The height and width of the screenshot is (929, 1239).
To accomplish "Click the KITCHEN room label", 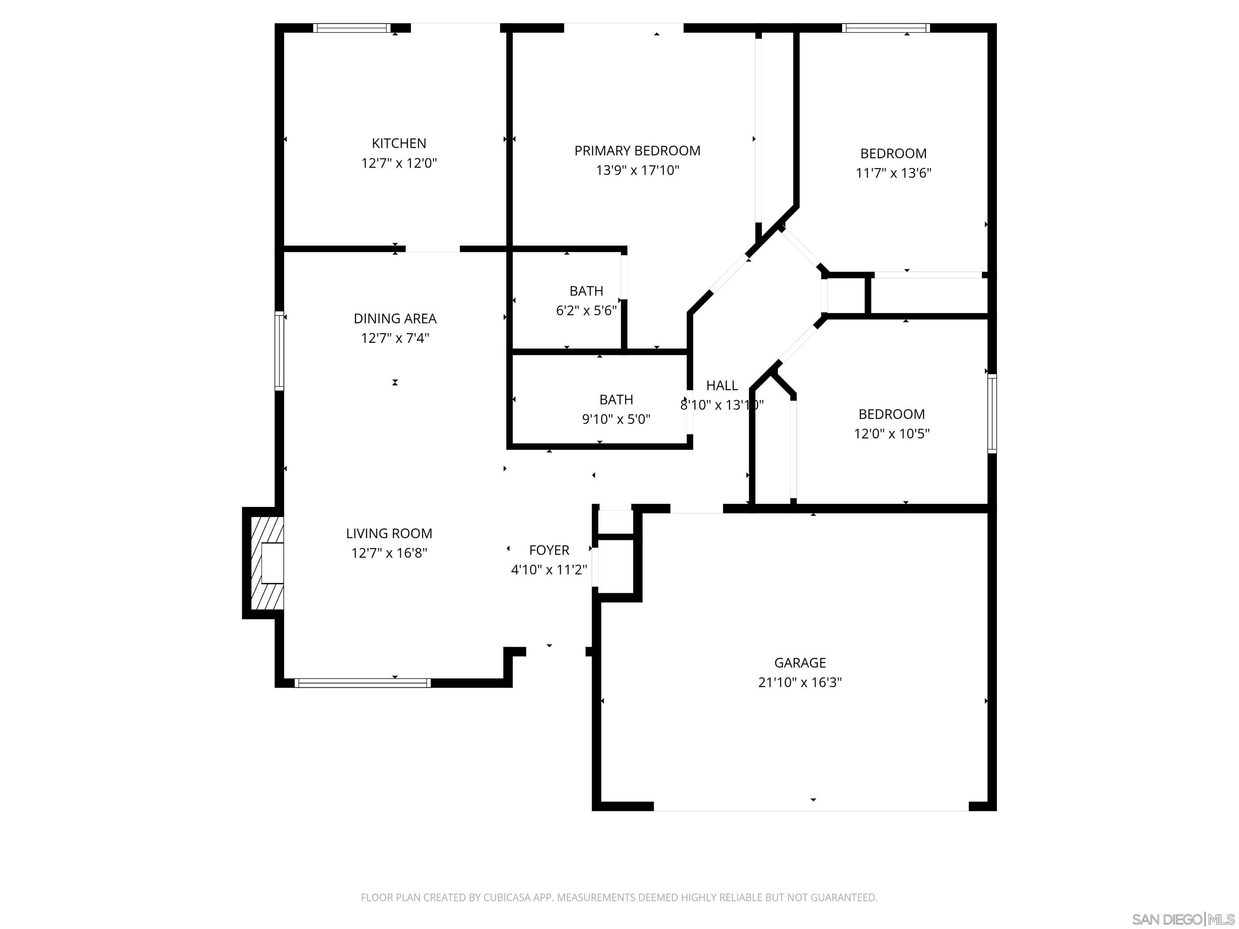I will [399, 143].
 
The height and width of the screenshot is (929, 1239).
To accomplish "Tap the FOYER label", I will [549, 550].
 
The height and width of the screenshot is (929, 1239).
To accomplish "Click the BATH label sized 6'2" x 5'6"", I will [586, 291].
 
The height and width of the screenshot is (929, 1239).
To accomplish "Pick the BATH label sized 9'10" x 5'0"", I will [616, 399].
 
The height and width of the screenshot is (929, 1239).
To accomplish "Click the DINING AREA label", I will [395, 319].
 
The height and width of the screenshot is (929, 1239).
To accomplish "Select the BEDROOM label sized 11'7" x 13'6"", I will [893, 154].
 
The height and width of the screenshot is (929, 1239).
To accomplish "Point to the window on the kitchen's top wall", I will [351, 28].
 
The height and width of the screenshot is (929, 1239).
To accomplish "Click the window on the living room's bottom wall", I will [362, 683].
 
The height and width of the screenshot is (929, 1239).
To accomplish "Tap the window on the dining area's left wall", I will [279, 350].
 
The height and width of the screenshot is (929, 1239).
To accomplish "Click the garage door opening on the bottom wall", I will [811, 806].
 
